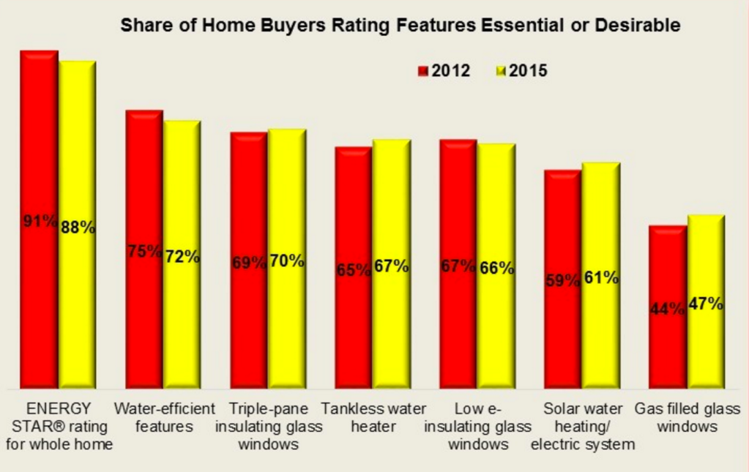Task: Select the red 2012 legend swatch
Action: pyautogui.click(x=422, y=71)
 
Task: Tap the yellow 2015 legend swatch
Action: pyautogui.click(x=501, y=71)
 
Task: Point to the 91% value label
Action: pyautogui.click(x=39, y=220)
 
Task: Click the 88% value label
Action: pyautogui.click(x=78, y=227)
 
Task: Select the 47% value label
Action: pyautogui.click(x=706, y=304)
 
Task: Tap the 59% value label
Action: pyautogui.click(x=562, y=280)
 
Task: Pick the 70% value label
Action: pyautogui.click(x=286, y=260)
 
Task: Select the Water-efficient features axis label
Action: pyautogui.click(x=164, y=417)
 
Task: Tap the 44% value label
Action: pyautogui.click(x=668, y=309)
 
